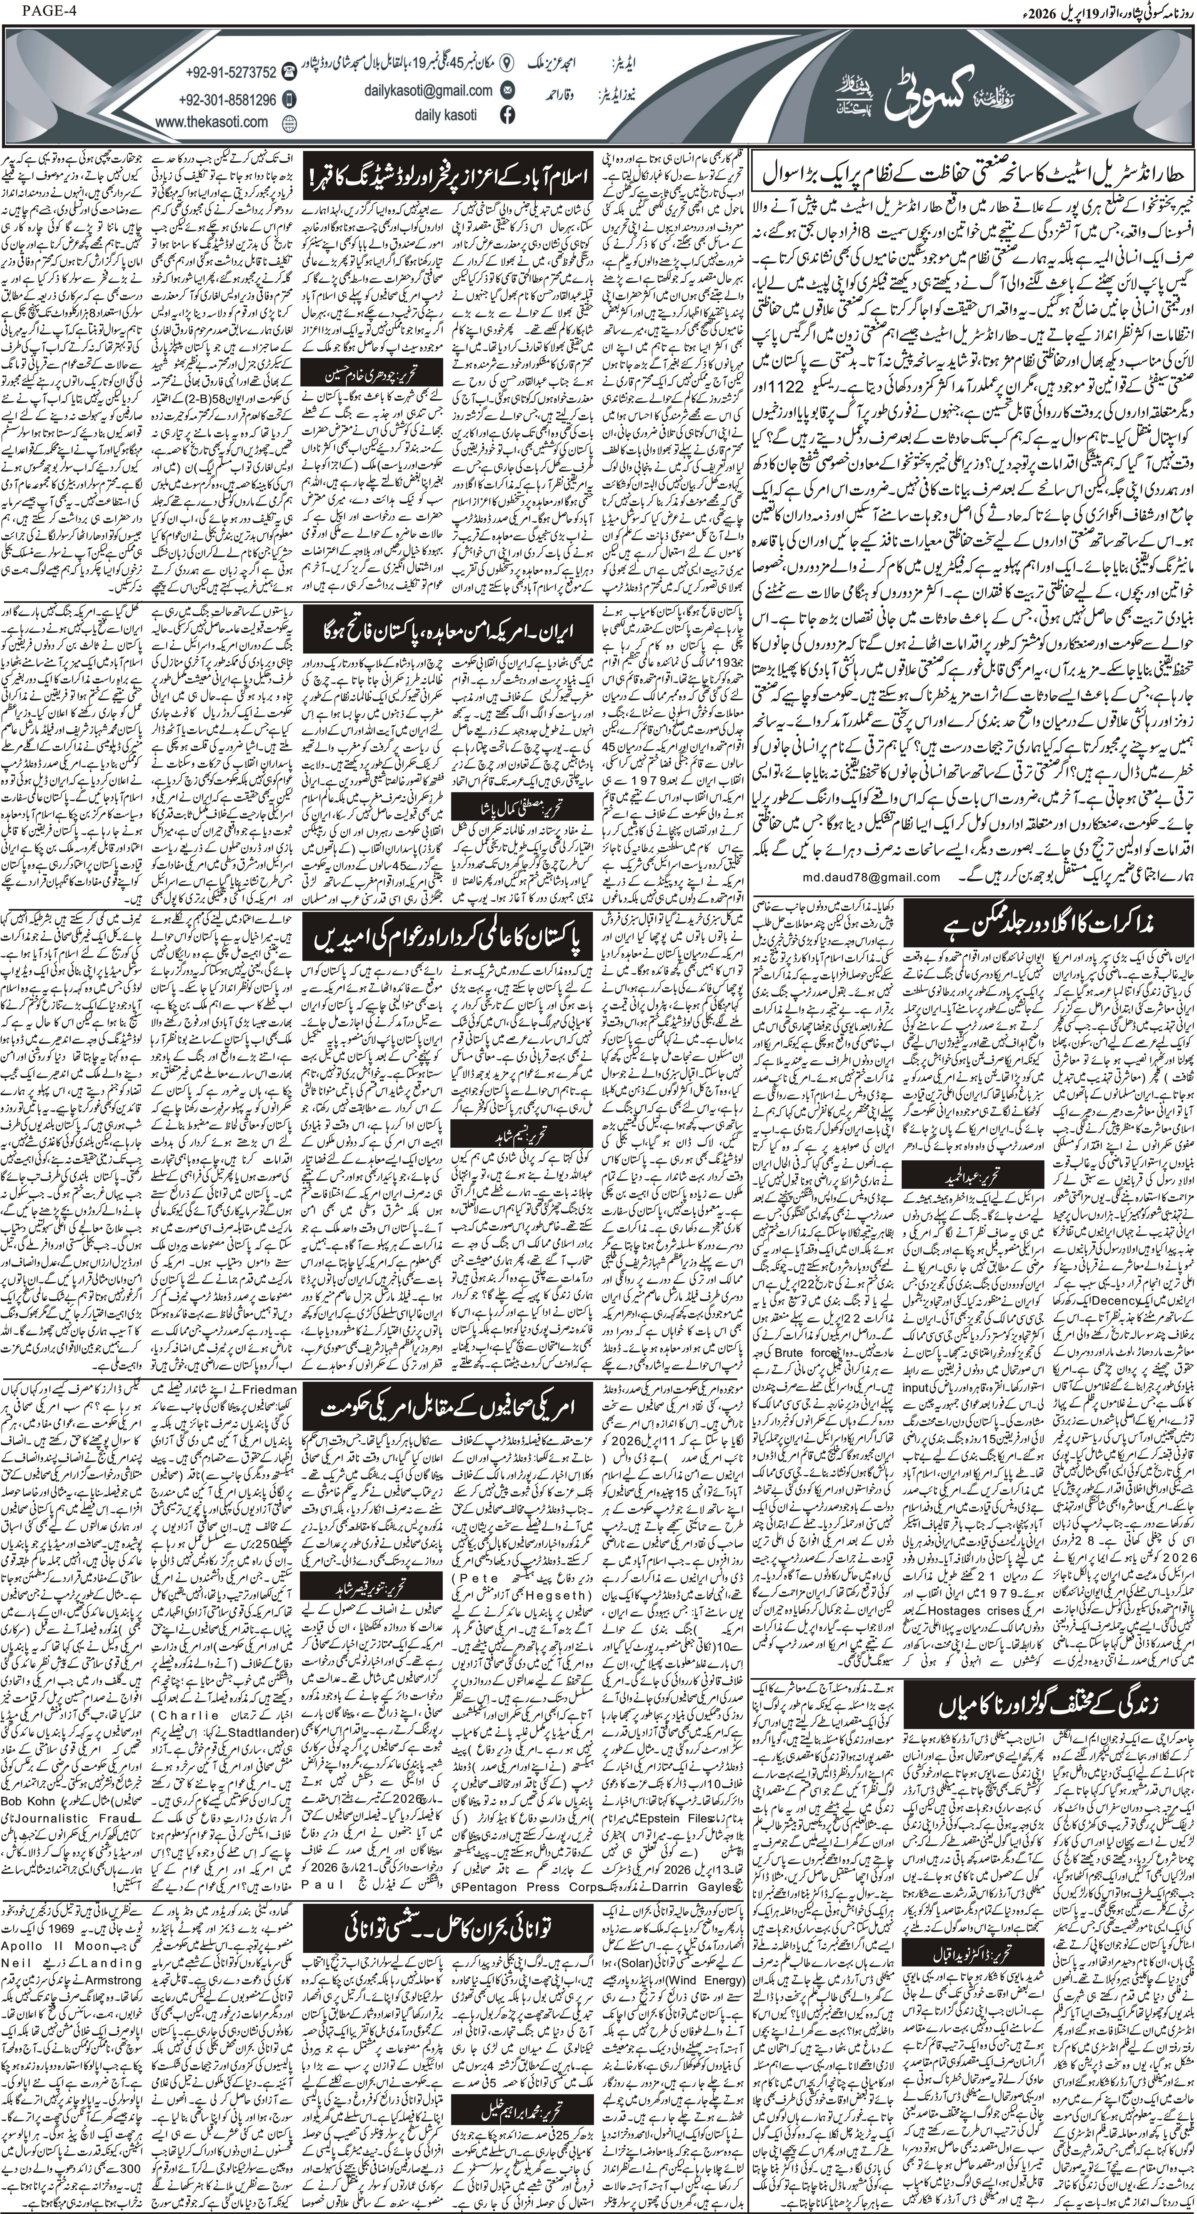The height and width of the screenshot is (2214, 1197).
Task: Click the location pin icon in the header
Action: (507, 63)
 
